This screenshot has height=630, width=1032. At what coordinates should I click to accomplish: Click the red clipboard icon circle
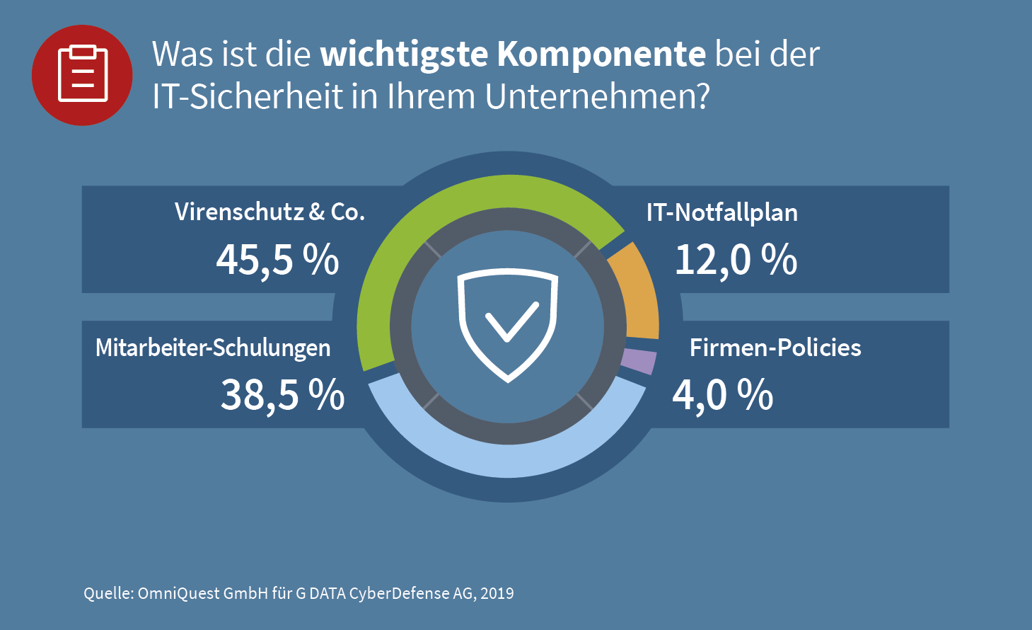point(82,75)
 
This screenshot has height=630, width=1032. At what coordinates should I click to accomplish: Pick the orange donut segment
point(638,290)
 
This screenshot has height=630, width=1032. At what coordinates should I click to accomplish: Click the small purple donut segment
point(639,362)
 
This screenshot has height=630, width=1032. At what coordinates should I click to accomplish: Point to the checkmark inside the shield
point(511,322)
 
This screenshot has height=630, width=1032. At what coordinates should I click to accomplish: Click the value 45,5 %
point(277,260)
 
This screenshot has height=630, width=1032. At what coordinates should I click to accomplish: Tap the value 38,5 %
point(282,395)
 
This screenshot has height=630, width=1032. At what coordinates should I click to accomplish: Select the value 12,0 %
point(736,260)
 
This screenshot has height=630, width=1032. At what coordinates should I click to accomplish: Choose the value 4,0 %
point(722,395)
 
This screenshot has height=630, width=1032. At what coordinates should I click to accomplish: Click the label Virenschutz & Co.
point(269,212)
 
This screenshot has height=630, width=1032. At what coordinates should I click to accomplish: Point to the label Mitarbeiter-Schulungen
point(213,348)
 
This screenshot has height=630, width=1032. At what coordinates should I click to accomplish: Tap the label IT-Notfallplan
point(722,212)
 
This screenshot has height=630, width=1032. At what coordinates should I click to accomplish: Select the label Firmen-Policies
point(775,348)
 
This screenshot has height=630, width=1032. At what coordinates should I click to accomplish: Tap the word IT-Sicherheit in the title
point(248,96)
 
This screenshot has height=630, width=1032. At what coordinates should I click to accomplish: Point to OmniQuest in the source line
point(178,593)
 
